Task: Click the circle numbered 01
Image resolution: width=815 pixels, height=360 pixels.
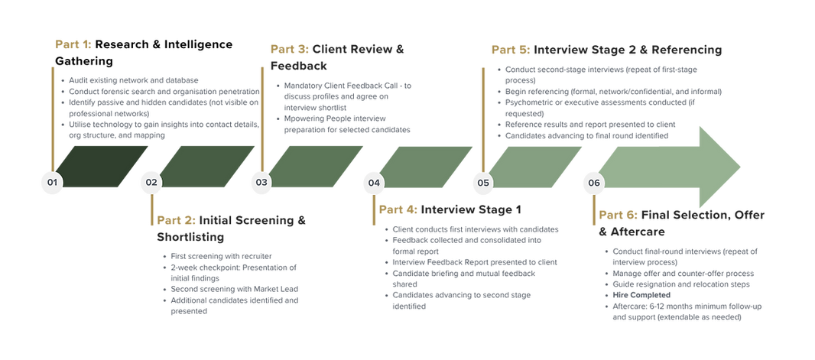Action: point(51,183)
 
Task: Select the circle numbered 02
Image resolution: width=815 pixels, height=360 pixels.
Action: point(151,183)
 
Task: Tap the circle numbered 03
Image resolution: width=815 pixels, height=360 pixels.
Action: point(262,183)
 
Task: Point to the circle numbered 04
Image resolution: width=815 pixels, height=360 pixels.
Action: point(373,183)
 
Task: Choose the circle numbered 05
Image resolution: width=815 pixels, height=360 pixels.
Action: point(483,183)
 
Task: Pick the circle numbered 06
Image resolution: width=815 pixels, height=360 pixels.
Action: point(594,183)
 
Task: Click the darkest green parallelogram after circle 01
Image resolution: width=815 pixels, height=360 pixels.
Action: point(101,167)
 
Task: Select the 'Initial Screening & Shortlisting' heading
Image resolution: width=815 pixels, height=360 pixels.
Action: point(229,227)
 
